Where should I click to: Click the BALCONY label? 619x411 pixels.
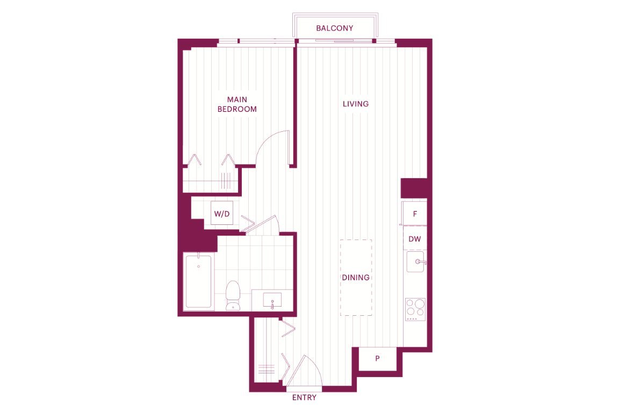334,28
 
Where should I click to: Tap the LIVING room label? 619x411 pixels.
356,104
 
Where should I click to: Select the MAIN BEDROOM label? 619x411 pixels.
237,104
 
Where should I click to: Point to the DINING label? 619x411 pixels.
356,278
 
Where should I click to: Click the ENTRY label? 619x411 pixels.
304,398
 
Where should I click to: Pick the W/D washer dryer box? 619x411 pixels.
221,214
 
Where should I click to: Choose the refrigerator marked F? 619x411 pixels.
414,214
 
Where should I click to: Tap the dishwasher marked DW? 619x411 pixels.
414,239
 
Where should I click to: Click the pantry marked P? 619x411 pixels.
377,359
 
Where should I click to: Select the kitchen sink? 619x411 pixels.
416,261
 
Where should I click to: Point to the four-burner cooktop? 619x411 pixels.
415,309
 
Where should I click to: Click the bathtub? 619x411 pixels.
198,281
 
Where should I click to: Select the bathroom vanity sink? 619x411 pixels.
272,300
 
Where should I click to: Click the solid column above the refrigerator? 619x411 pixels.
414,188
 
